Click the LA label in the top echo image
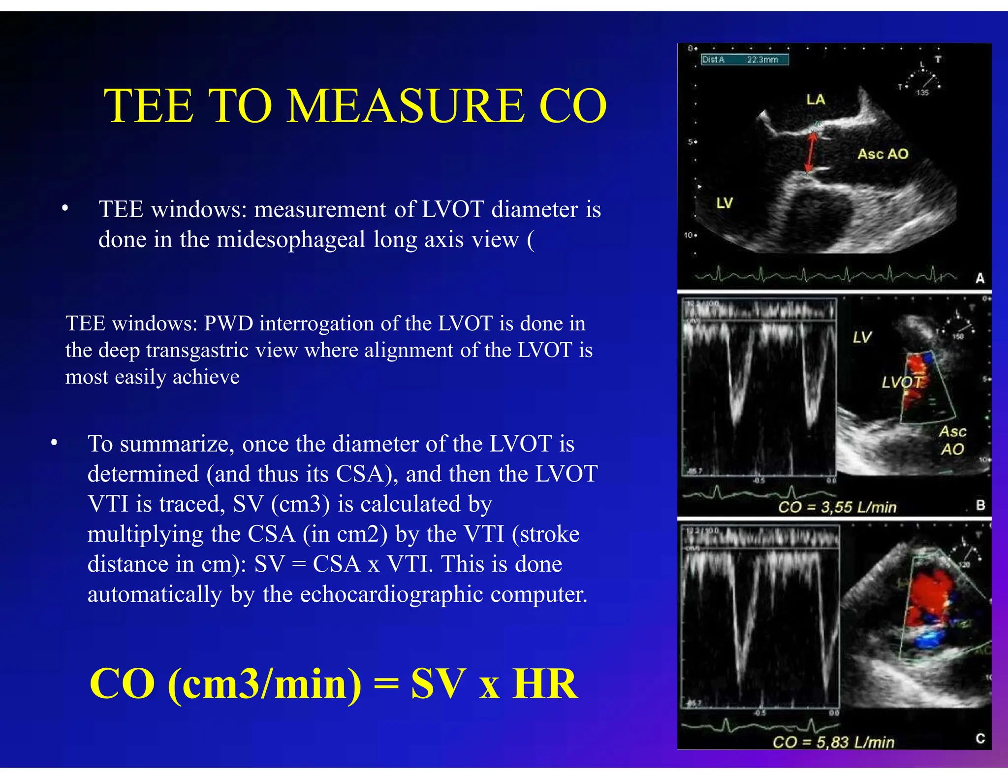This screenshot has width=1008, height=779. tap(816, 100)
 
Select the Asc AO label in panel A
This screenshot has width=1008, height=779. tap(883, 154)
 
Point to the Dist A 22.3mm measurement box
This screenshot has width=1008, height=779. tap(744, 60)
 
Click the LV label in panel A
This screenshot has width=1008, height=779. tap(724, 203)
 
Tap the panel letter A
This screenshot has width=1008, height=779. tap(980, 278)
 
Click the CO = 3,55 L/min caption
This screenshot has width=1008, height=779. tap(837, 507)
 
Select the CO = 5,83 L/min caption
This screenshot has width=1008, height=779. tap(833, 742)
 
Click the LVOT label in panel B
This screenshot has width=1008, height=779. tap(902, 382)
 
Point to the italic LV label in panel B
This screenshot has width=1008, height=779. tap(862, 337)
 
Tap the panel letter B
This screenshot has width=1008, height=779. tap(980, 505)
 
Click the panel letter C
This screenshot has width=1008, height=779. tap(980, 738)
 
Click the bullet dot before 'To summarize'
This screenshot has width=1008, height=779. tap(54, 443)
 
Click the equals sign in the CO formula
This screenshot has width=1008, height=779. tap(386, 684)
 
